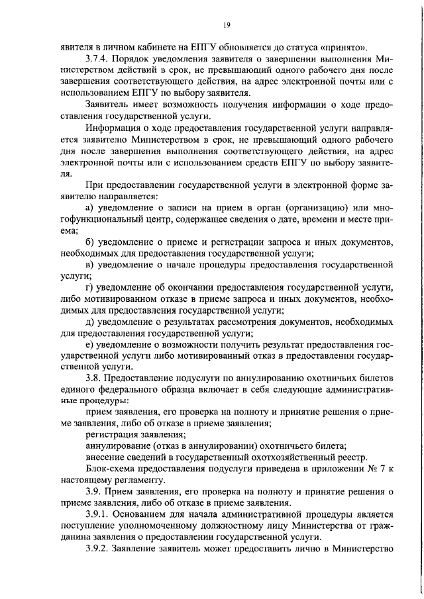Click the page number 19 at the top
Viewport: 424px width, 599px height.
click(227, 25)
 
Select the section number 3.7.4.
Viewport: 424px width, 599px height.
click(99, 58)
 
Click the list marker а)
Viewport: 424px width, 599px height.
click(90, 209)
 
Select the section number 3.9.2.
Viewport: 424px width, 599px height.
click(99, 548)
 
